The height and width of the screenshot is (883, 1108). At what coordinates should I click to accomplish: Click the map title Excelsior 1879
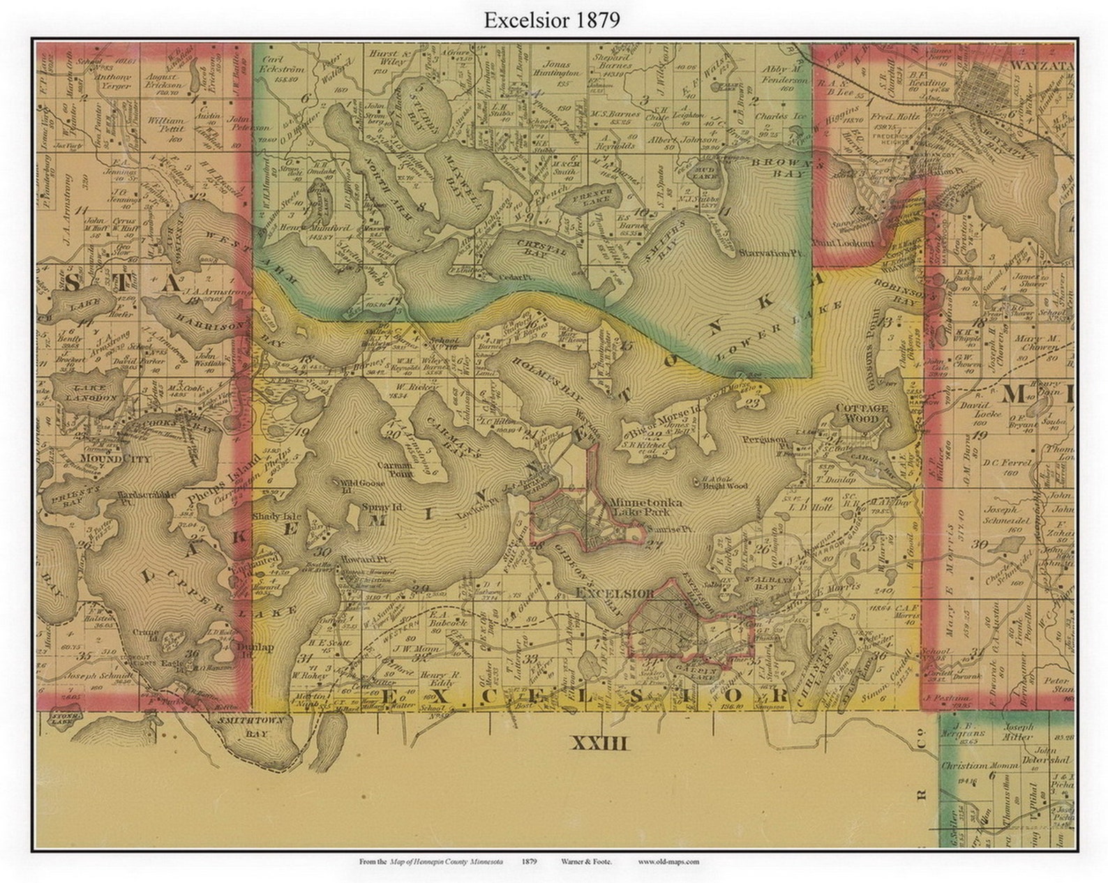click(x=552, y=20)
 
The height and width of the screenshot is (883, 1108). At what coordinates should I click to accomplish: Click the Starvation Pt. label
click(x=772, y=254)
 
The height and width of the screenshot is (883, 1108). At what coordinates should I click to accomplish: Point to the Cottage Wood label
click(x=862, y=413)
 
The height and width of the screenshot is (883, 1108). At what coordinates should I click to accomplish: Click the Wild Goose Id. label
click(x=353, y=482)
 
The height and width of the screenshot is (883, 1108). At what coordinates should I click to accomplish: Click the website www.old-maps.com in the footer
click(x=668, y=862)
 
